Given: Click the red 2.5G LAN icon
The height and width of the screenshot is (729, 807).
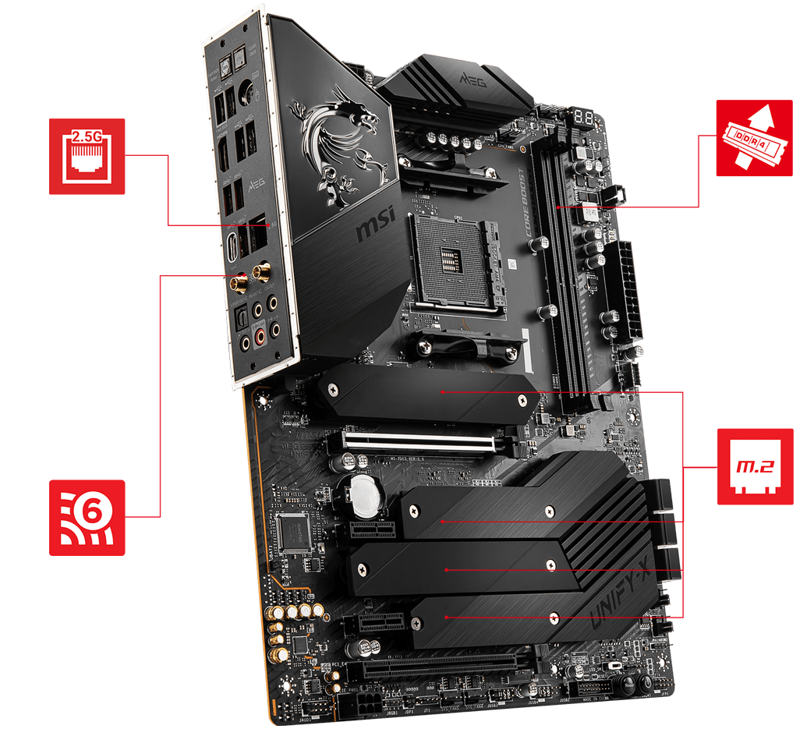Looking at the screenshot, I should point(87,156).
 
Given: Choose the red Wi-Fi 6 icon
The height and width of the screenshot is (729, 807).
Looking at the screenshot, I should point(87,517).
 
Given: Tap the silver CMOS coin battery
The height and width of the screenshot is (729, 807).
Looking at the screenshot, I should point(363,496).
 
